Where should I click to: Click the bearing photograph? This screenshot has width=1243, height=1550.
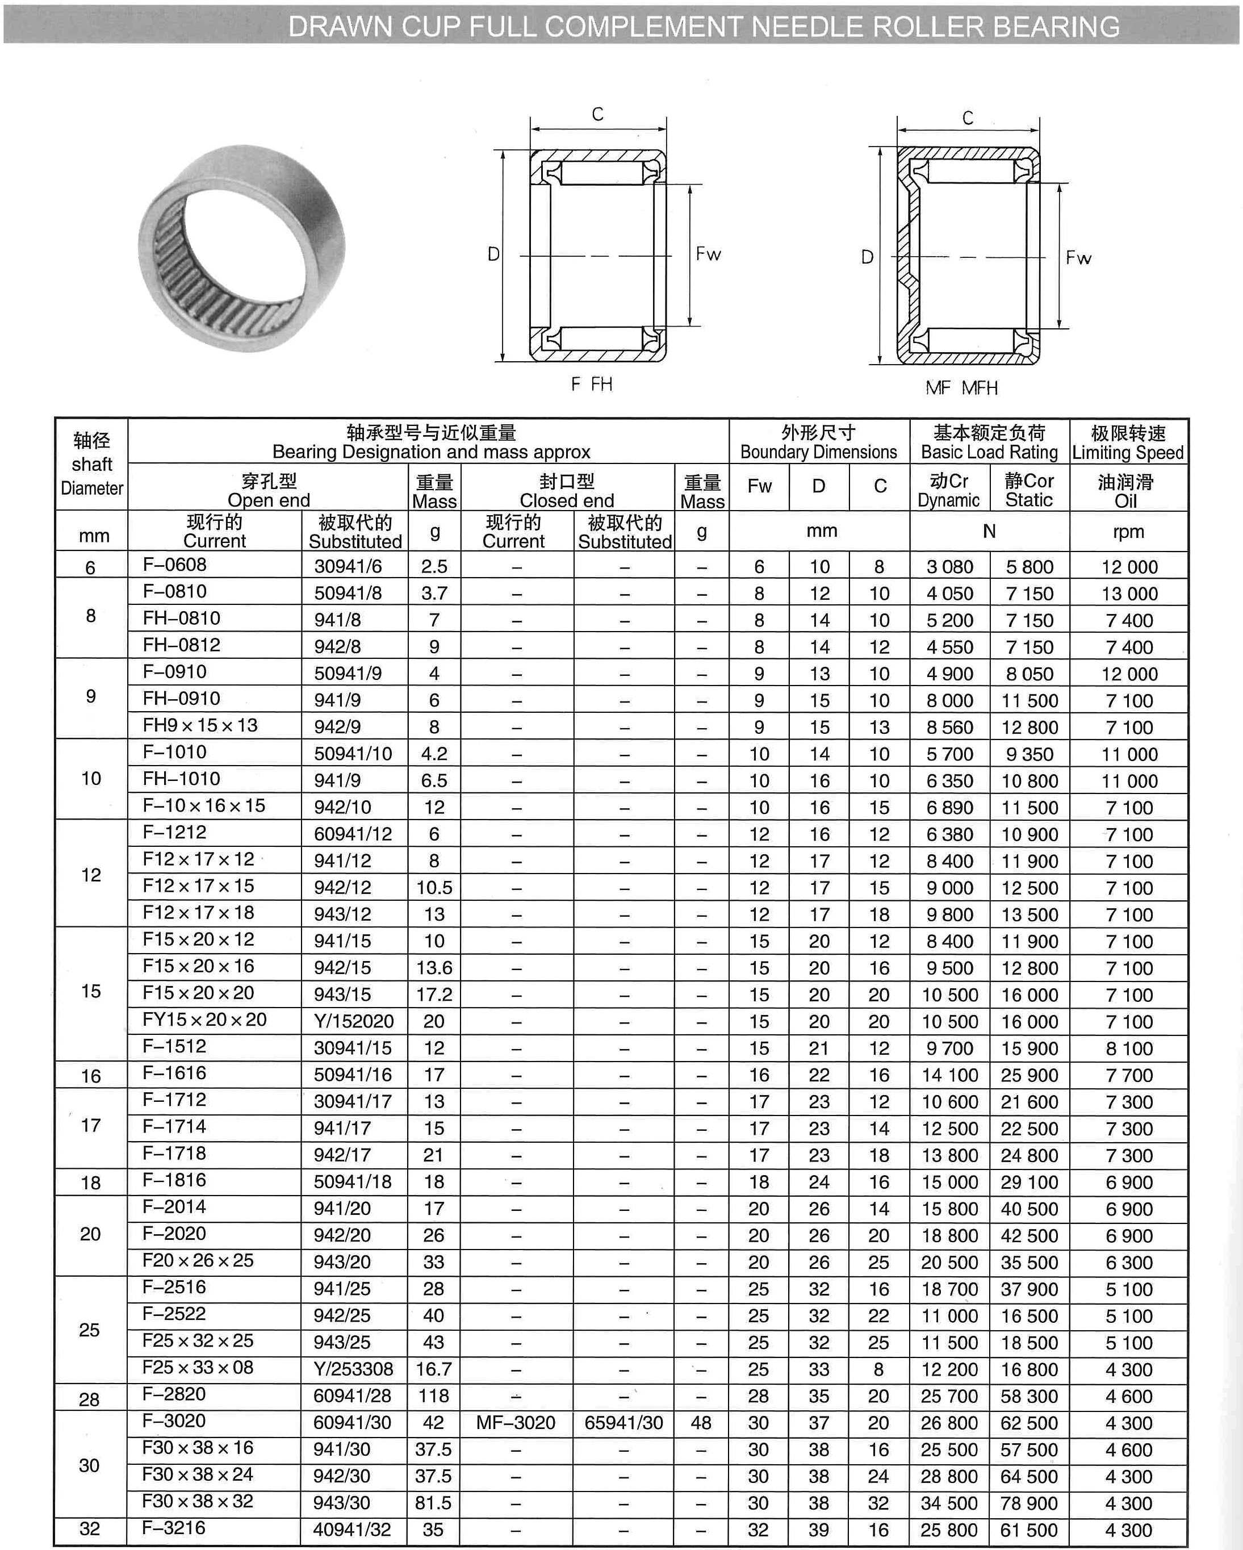point(241,248)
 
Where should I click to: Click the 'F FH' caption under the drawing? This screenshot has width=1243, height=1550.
point(591,385)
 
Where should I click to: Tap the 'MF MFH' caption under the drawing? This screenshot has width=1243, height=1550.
point(961,388)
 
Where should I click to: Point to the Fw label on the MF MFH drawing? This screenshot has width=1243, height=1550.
point(1078,257)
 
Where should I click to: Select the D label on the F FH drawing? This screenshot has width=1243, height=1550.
point(493,254)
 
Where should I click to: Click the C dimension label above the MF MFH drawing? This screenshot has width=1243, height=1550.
point(968,118)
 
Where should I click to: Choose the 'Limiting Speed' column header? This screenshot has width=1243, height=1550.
point(1127,452)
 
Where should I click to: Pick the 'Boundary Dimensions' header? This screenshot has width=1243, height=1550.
point(818,452)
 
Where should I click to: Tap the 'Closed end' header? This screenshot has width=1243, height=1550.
point(567,500)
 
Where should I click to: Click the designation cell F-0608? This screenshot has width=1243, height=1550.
point(175,565)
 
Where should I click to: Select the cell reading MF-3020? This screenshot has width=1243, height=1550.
point(516,1423)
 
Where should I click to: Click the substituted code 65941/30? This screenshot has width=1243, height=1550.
point(623,1423)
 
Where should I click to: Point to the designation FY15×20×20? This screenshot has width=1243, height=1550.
point(204,1020)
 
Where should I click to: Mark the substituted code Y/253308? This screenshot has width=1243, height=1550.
point(353,1369)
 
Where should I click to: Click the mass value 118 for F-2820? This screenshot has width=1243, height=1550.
point(433,1396)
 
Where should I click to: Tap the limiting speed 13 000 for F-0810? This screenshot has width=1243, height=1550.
point(1129,594)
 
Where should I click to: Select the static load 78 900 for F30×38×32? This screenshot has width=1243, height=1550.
point(1029,1503)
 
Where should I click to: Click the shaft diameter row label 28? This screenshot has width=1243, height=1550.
point(89,1399)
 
